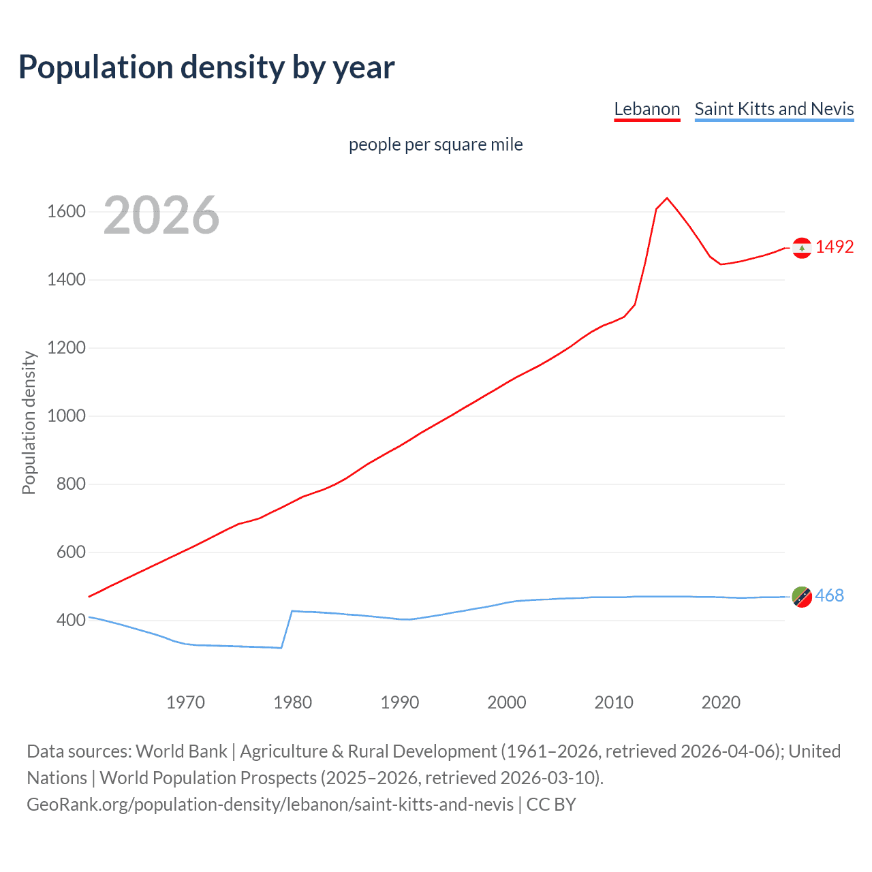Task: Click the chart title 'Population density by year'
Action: coord(206,67)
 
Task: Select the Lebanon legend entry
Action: coord(647,109)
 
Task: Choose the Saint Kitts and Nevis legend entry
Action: coord(774,109)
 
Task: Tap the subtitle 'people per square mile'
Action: coord(435,144)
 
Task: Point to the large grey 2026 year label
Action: coord(161,215)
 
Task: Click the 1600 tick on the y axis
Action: coord(66,212)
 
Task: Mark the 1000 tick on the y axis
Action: coord(66,416)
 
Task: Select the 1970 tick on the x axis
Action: coord(185,702)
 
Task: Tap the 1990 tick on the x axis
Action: coord(400,702)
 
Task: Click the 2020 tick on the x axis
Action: coord(721,702)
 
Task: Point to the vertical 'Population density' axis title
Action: coord(29,422)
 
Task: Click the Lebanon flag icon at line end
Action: coord(802,248)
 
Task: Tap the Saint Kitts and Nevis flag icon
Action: coord(802,597)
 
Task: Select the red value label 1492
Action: coord(835,247)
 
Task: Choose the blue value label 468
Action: coord(829,595)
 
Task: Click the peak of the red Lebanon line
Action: coord(667,198)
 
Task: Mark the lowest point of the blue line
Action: coord(281,647)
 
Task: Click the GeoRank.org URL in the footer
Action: coord(270,805)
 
